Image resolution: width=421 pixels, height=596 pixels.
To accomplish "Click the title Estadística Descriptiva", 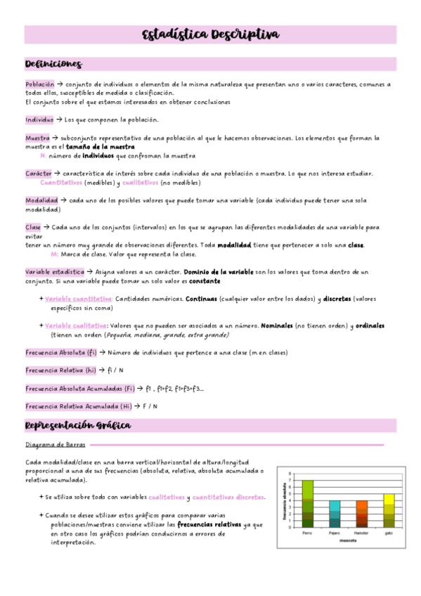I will (x=210, y=35).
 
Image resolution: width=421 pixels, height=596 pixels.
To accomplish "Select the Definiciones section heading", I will (x=53, y=64).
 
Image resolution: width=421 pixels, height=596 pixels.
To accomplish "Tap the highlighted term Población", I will (x=39, y=84).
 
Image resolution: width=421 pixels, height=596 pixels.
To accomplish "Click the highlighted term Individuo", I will (x=39, y=119).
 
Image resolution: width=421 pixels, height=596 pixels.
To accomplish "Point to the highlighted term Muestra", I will (x=37, y=138).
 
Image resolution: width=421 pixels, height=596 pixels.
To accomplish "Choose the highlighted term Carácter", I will (x=39, y=174).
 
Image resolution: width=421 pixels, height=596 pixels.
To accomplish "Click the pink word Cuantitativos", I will (x=61, y=183).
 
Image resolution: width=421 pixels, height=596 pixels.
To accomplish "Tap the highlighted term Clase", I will (x=33, y=228).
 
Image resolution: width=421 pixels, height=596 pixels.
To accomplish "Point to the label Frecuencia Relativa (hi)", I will (x=60, y=370).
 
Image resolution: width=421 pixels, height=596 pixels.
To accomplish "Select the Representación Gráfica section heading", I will (x=77, y=426).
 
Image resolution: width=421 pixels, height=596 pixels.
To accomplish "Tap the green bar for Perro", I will (x=307, y=503).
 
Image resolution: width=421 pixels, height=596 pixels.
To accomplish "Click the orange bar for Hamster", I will (x=362, y=514).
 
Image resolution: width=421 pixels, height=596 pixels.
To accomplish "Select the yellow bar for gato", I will (x=389, y=510).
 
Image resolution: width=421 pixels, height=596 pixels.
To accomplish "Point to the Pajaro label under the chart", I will (x=334, y=533).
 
